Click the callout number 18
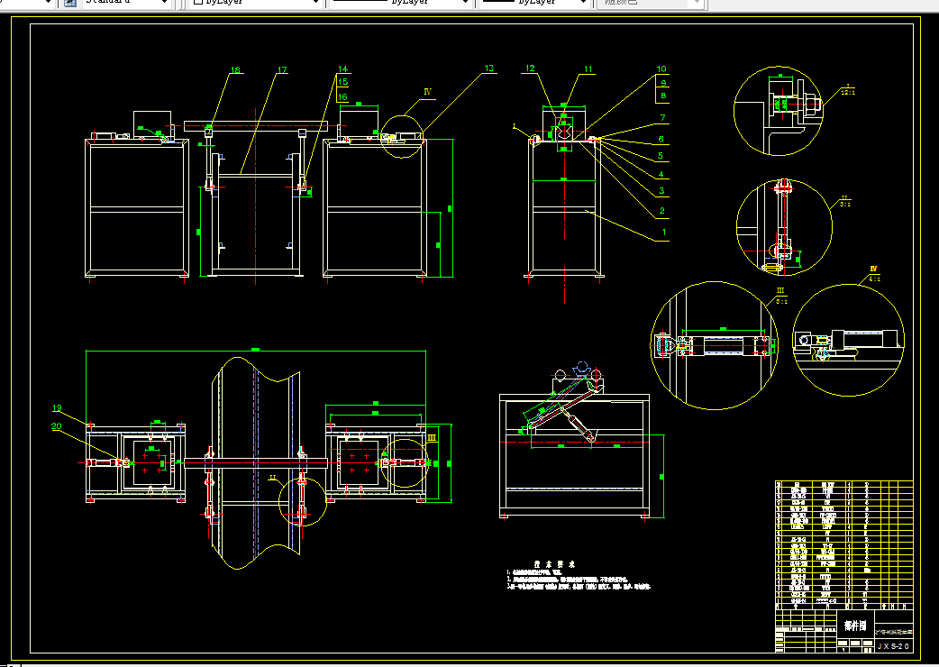235,70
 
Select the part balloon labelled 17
281,70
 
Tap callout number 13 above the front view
489,69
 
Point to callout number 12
530,69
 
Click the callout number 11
588,69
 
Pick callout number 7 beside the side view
661,117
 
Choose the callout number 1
664,232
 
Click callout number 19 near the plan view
56,408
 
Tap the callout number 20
56,426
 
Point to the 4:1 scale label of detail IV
872,279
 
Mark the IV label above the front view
428,92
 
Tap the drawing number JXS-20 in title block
894,646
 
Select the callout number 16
342,96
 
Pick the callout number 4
661,174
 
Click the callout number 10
661,69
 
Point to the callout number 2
661,211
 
